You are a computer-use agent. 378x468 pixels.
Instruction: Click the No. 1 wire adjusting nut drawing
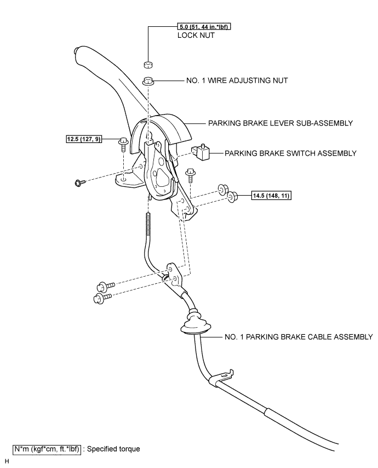tap(148, 81)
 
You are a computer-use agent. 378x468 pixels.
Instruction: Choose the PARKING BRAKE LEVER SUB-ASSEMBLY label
tap(280, 123)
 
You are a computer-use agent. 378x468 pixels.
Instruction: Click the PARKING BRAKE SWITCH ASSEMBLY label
tap(290, 153)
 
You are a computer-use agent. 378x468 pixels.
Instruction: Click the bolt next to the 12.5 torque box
tap(123, 144)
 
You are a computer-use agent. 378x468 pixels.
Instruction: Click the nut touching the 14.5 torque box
tap(232, 195)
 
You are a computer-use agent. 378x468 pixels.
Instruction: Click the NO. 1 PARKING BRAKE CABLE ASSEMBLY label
tap(299, 337)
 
